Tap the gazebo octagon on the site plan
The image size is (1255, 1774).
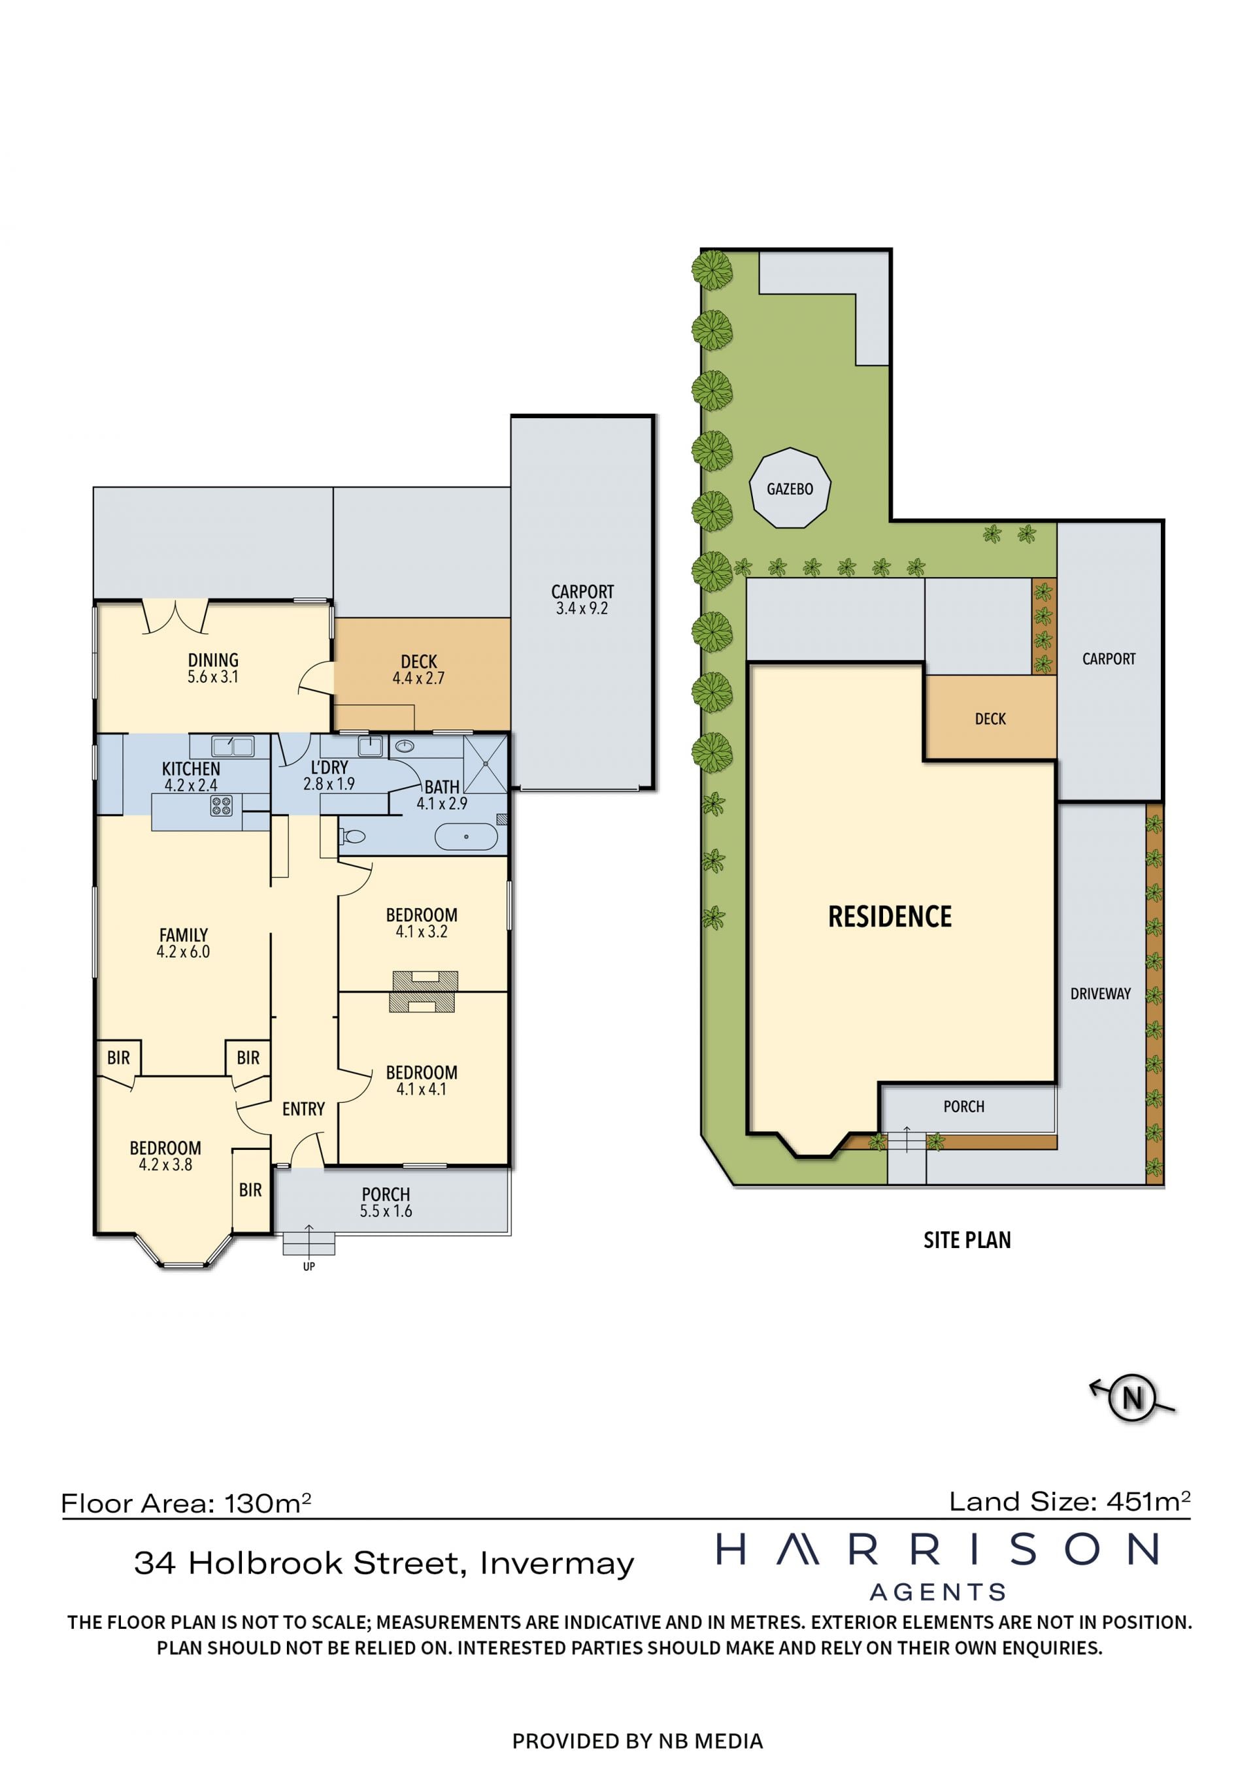[x=790, y=488]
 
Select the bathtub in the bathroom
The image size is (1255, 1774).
[x=466, y=837]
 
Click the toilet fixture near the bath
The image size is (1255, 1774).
[x=352, y=836]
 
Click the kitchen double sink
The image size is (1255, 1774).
[x=233, y=746]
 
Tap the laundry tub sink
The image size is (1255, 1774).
[x=370, y=746]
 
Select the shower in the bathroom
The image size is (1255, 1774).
[x=485, y=763]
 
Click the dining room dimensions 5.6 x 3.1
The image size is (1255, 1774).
[x=212, y=677]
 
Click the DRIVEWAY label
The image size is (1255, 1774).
[x=1101, y=994]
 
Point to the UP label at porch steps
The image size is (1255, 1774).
[x=309, y=1266]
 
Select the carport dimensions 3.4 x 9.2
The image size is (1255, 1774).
[x=582, y=608]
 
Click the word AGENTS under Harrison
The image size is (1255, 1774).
[x=938, y=1592]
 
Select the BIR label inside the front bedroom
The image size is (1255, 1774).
[x=250, y=1190]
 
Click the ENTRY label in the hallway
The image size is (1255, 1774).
[x=303, y=1109]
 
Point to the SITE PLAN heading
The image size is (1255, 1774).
[x=967, y=1240]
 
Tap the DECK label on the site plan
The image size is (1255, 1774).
[x=990, y=719]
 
